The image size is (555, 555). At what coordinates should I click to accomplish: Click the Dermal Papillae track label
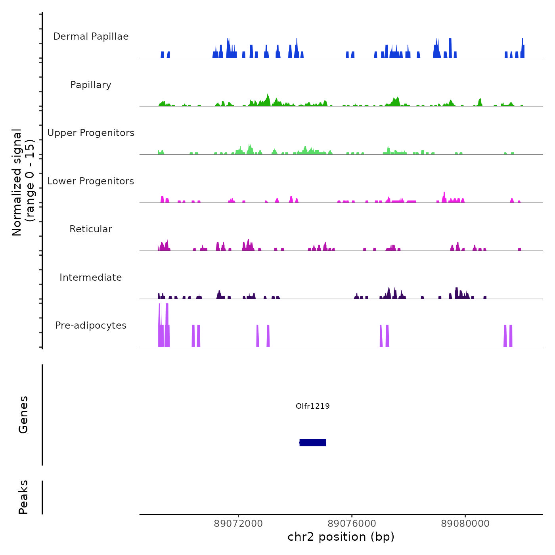[x=91, y=36]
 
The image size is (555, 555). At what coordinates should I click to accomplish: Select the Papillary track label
[x=91, y=85]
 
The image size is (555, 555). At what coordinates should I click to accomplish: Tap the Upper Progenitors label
[x=91, y=133]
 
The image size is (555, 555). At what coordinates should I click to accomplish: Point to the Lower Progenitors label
[x=91, y=181]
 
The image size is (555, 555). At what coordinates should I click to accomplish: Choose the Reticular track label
[x=91, y=229]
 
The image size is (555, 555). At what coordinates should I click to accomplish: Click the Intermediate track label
[x=91, y=277]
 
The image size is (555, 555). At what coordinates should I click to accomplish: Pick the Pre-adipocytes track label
[x=91, y=325]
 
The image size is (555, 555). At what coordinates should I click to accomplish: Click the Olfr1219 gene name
[x=313, y=406]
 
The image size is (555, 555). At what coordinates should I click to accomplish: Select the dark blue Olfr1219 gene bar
[x=313, y=442]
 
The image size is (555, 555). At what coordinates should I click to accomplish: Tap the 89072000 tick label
[x=238, y=524]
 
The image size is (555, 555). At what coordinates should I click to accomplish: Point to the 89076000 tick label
[x=352, y=524]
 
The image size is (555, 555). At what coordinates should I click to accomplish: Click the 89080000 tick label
[x=465, y=524]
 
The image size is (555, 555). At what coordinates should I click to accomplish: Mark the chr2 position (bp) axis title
[x=341, y=537]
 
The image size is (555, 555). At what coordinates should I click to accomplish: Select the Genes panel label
[x=23, y=415]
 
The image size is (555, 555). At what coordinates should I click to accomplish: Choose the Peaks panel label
[x=23, y=497]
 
